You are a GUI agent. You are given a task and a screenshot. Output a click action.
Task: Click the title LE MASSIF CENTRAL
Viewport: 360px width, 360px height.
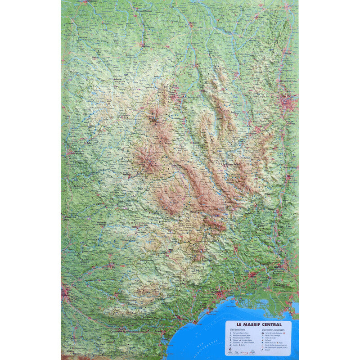[x=258, y=324]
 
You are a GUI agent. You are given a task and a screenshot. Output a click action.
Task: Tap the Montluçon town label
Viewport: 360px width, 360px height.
[x=145, y=45]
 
